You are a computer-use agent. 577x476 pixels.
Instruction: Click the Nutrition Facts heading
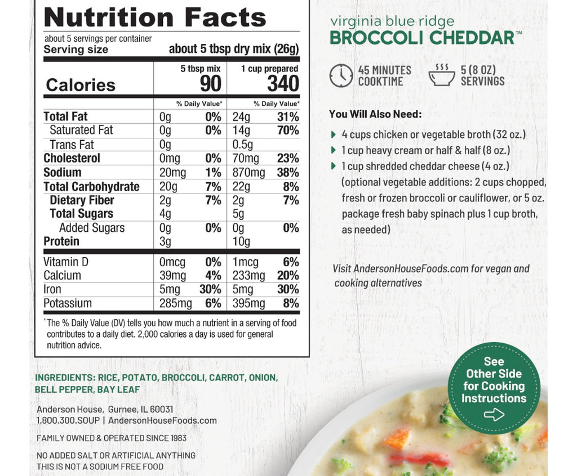coord(155,17)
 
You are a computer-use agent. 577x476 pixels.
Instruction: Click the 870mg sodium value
coord(249,172)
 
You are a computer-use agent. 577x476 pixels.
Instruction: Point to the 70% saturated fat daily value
coord(288,130)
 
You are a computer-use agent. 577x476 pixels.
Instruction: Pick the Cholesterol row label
coord(72,158)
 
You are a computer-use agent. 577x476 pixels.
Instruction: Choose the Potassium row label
coord(68,303)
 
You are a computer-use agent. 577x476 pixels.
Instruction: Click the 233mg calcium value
coord(249,276)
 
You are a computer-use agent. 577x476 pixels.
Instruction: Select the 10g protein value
coord(242,241)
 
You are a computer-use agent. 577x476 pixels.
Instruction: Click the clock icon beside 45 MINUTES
coord(341,75)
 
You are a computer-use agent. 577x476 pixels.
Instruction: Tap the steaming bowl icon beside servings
coord(442,75)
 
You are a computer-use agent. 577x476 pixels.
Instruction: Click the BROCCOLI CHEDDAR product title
coord(421,38)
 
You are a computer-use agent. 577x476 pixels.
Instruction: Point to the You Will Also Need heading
coord(375,114)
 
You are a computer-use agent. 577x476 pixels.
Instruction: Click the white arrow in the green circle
coord(494,415)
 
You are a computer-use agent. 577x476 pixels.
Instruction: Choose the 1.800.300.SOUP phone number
coord(68,420)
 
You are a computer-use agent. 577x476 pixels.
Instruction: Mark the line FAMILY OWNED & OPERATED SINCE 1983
coord(112,438)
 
